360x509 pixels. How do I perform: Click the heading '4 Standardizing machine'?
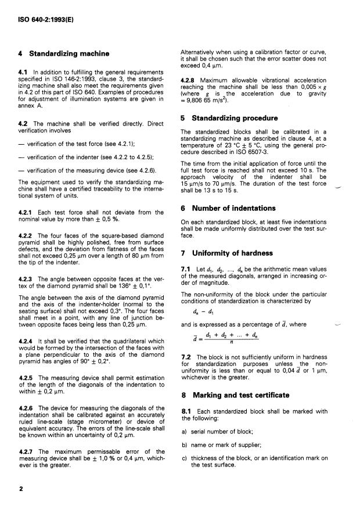pyautogui.click(x=64, y=53)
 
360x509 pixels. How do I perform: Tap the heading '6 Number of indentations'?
pyautogui.click(x=228, y=208)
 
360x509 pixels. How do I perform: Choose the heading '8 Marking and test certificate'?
pyautogui.click(x=235, y=395)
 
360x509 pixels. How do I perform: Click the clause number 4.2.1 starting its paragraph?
pyautogui.click(x=28, y=213)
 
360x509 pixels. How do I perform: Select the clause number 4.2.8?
pyautogui.click(x=192, y=80)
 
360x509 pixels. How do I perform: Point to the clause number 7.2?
pyautogui.click(x=186, y=356)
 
